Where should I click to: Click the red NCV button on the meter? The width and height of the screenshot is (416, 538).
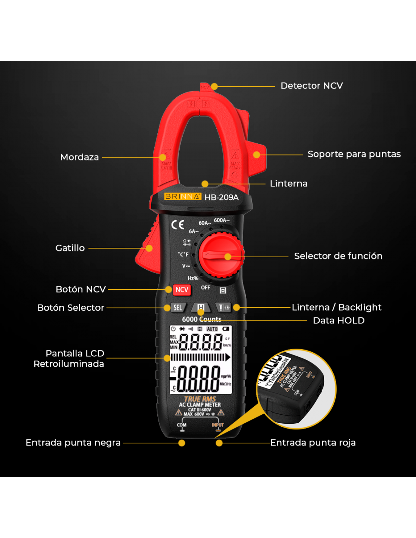[182, 290]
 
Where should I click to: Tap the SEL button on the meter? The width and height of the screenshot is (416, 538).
[178, 308]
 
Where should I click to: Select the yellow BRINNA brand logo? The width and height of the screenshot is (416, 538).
[183, 196]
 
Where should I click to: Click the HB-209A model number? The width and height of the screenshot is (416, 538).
[222, 197]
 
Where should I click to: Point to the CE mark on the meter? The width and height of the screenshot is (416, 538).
[178, 225]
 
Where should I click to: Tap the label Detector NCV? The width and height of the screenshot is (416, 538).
[312, 86]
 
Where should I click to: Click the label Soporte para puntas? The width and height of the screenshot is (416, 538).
[354, 154]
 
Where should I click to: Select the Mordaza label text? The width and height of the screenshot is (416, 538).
[79, 157]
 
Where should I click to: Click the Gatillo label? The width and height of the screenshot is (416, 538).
[70, 248]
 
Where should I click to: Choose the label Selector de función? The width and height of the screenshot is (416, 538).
[338, 256]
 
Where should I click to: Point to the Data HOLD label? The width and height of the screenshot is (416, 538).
[338, 321]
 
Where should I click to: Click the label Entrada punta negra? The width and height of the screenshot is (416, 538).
[73, 443]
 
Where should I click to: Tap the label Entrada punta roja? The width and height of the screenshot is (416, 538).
[313, 443]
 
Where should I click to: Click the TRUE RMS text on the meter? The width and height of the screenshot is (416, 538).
[200, 399]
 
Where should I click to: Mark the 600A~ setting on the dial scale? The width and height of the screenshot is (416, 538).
[222, 220]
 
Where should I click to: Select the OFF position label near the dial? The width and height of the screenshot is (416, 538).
[205, 288]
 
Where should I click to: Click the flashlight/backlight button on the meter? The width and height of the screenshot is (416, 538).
[224, 308]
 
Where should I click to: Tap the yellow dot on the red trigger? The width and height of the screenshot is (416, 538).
[149, 248]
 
